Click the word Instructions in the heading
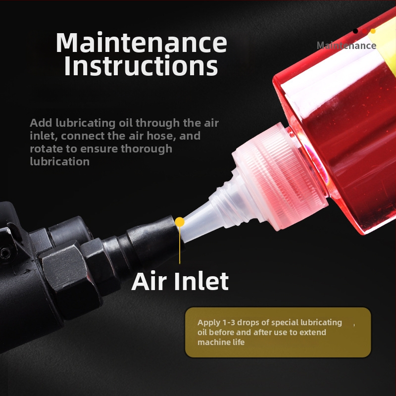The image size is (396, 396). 141,66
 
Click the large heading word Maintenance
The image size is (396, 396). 141,42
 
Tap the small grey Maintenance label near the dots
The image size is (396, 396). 346,46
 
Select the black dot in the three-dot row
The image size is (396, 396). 355,31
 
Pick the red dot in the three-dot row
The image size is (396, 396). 364,31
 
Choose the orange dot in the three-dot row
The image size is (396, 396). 373,31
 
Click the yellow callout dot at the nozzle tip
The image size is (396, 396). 180,222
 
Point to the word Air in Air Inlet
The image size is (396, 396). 149,281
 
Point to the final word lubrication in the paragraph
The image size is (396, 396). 59,161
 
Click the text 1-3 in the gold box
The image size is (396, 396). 229,323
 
